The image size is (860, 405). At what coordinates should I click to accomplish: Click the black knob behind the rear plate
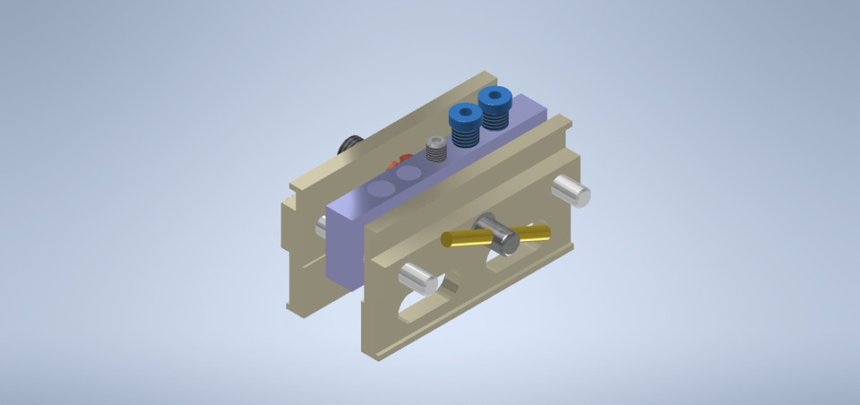tap(348, 145)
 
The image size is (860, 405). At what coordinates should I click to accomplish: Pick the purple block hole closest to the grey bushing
tap(409, 174)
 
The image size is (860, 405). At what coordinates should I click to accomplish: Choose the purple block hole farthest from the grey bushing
tap(381, 189)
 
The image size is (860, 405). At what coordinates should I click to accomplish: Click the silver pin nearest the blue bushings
tap(570, 191)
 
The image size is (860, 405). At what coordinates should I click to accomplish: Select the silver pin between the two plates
tap(321, 227)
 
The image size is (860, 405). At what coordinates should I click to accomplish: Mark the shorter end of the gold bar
tap(536, 233)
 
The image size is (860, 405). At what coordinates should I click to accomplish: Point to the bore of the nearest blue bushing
tap(464, 114)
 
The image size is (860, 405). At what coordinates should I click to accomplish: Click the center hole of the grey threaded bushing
tap(435, 142)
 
